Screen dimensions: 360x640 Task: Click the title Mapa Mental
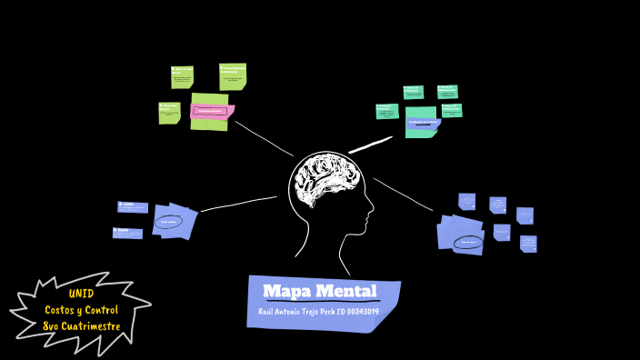[319, 291]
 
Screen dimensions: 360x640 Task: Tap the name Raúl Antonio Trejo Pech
[296, 312]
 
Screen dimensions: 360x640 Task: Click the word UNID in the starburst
[80, 294]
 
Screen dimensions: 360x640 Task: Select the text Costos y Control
[81, 310]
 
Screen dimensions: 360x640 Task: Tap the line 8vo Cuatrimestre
[81, 326]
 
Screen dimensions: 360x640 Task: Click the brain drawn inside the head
[327, 182]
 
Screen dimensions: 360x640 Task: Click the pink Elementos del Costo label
[211, 112]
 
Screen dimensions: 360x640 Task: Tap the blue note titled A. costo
[132, 207]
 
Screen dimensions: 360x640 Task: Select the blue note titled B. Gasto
[127, 233]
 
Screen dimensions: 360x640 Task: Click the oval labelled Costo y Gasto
[169, 221]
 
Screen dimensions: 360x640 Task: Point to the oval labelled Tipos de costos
[468, 243]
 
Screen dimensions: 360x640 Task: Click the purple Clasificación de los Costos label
[423, 122]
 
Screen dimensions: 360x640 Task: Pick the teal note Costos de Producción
[414, 92]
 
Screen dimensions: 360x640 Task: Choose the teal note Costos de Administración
[387, 111]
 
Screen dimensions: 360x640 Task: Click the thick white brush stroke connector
[370, 145]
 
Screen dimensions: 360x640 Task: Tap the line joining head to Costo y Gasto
[239, 204]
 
